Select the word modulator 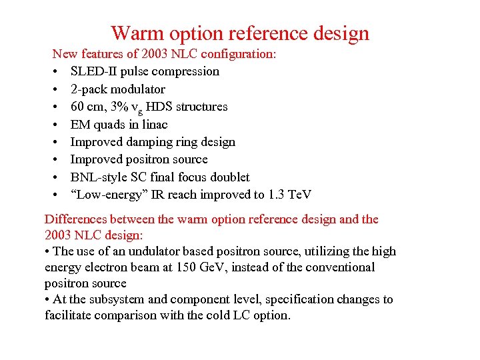point(138,89)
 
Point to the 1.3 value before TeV point(276,195)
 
